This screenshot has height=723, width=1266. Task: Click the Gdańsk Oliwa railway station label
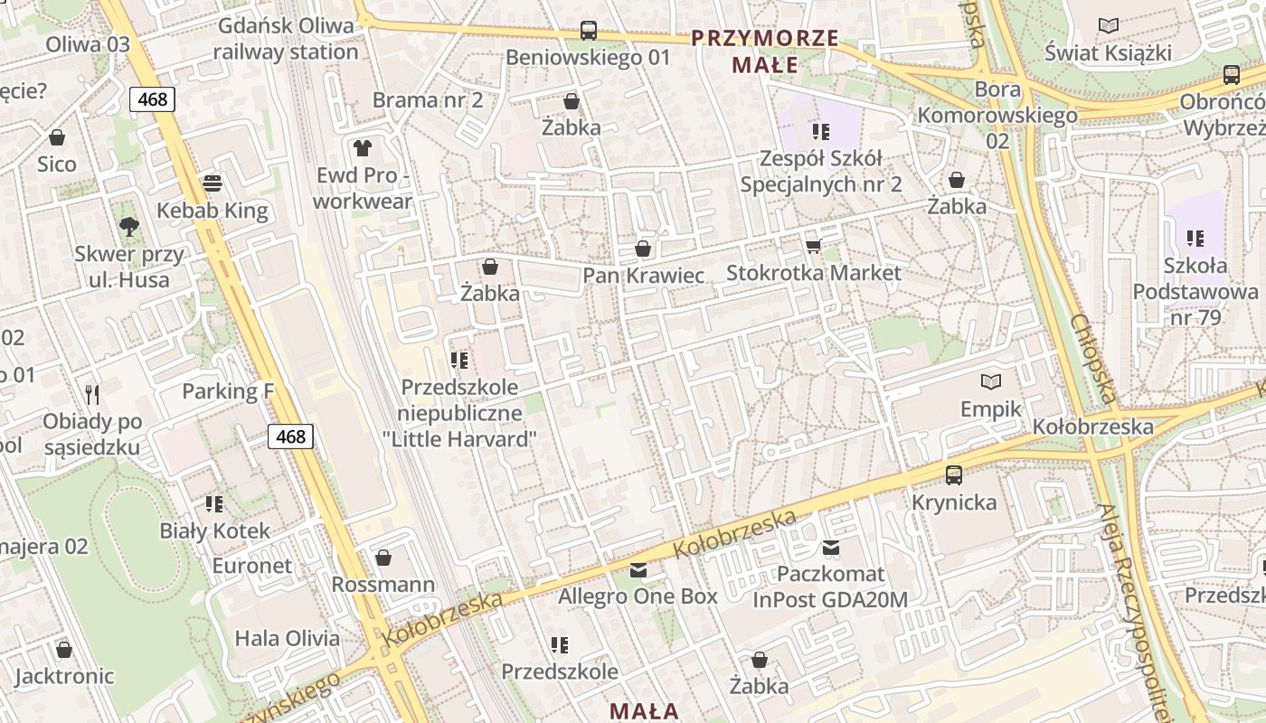pos(286,39)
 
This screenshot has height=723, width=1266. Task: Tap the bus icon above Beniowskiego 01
pos(589,30)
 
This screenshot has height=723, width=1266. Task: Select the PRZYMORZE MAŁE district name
pos(765,52)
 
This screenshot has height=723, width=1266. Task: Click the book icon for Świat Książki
pos(1108,26)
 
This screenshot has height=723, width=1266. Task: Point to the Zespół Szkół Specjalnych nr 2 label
pos(820,172)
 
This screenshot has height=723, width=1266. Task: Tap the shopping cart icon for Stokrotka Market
pos(813,246)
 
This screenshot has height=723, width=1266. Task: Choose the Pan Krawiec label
pos(643,275)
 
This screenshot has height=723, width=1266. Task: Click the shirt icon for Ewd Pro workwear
pos(363,147)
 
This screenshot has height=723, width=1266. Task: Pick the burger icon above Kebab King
pos(213,183)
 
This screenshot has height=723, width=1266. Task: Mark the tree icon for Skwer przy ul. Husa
pos(129,226)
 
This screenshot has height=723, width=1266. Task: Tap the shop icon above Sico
pos(57,137)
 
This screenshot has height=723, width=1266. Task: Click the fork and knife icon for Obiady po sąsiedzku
pos(92,394)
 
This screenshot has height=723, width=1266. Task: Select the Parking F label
pos(228,391)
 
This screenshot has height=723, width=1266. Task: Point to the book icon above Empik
pos(991,381)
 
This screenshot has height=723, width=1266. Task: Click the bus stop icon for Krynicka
pos(954,474)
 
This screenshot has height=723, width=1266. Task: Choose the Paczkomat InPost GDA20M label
pos(830,587)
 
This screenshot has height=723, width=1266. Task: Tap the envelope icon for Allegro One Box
pos(638,569)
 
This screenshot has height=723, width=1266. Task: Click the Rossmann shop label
pos(383,585)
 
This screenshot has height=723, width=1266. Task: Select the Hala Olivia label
pos(288,638)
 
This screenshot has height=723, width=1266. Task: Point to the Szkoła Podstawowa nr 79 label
pos(1195,292)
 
